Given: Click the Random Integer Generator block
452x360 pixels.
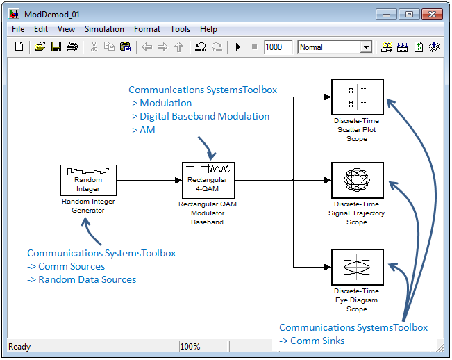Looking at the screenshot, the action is coord(88,180).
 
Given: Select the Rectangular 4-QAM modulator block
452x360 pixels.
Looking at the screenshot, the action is coord(208,180).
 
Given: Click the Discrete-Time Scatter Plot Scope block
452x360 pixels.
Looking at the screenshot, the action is coord(358,97).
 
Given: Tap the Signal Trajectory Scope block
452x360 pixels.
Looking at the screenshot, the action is coord(358,180).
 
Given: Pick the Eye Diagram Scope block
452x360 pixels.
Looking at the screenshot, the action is coord(358,267).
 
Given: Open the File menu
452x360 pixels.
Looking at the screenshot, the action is coord(18,29).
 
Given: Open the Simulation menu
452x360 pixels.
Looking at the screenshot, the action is coord(104,29).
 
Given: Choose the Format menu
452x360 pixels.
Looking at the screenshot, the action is coord(147,29).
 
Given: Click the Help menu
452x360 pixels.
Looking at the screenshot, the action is coord(208,29).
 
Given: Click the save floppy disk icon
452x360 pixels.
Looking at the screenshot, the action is coord(56,47).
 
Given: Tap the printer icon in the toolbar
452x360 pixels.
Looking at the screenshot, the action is coord(72,47).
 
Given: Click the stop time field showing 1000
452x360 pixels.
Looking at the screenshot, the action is coord(278,47).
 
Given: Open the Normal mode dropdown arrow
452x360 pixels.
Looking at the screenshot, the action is coord(366,47).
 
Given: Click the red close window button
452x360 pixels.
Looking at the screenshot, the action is coord(432,14).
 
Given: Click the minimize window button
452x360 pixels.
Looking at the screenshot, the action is coord(387,14).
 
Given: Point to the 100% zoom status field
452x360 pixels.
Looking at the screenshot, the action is coord(203,346).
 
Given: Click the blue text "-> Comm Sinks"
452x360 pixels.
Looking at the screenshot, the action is coord(312,341).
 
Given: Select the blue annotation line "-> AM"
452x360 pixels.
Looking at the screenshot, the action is coord(142,130).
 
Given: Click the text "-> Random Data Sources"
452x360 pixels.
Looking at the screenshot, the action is coord(81,279).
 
